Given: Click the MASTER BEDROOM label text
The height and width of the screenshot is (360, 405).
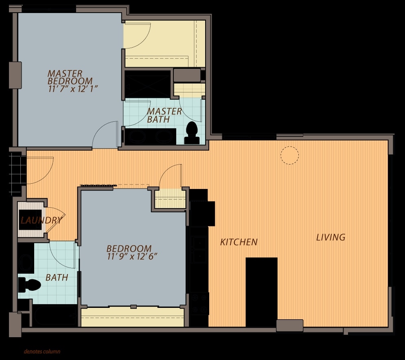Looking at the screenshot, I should tap(70, 77).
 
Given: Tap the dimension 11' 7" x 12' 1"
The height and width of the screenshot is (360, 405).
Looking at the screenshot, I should tap(73, 88).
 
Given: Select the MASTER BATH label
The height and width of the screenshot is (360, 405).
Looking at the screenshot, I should tap(164, 115).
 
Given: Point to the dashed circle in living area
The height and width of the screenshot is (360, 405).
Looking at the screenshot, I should tap(289, 155).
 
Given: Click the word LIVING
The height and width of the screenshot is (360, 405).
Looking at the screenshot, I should tap(331, 237).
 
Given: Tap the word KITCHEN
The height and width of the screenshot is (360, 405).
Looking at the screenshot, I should tap(239, 242).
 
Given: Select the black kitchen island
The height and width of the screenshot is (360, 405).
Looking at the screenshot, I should tap(261, 291).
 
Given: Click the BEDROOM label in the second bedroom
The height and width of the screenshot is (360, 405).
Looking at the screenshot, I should tap(129, 248).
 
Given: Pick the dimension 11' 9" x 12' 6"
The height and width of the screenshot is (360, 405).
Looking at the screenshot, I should tap(132, 257).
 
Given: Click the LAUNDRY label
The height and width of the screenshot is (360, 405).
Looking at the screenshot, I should tap(41, 221).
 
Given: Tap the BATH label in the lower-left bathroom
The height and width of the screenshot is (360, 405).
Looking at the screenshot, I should tap(57, 278).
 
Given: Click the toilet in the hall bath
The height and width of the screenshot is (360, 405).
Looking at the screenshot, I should tap(29, 285).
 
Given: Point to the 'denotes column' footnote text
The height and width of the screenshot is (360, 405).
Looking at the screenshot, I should tap(42, 351).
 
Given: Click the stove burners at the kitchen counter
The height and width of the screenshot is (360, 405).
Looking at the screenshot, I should tap(199, 304).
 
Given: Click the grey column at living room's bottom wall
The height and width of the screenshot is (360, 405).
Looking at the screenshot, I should tap(289, 325).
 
